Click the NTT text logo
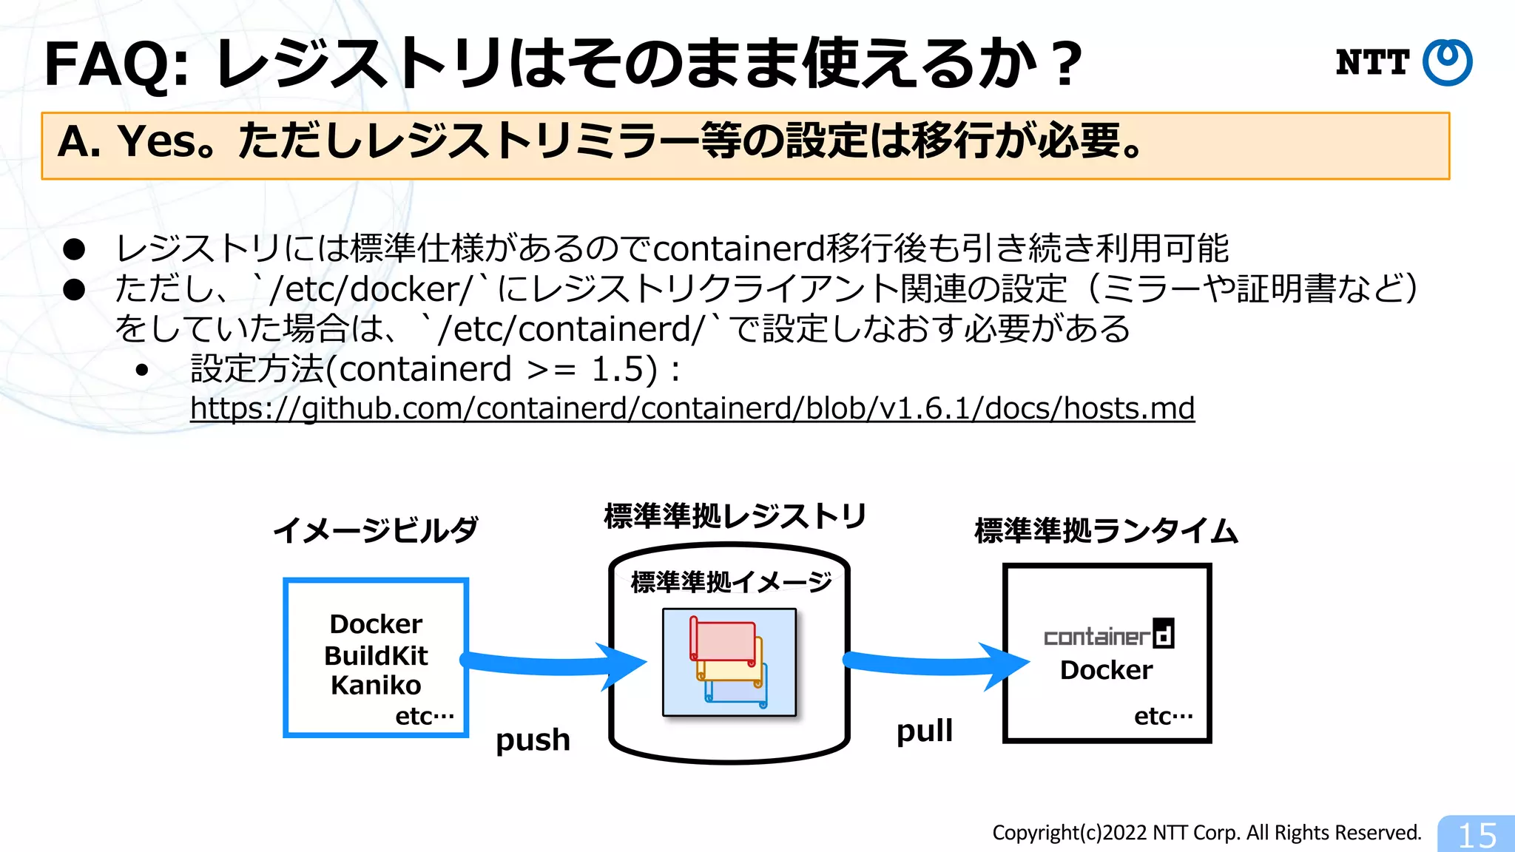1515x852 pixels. pyautogui.click(x=1372, y=62)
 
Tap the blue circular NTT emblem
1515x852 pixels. pyautogui.click(x=1448, y=62)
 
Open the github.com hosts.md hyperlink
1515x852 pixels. pyautogui.click(x=692, y=408)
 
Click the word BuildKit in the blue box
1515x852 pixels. pyautogui.click(x=376, y=655)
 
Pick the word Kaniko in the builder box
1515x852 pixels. pyautogui.click(x=376, y=686)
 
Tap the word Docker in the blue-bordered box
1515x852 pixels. pyautogui.click(x=376, y=624)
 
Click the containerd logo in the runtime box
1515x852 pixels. pyautogui.click(x=1108, y=635)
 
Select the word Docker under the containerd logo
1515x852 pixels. pyautogui.click(x=1106, y=670)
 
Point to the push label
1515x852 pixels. pyautogui.click(x=533, y=740)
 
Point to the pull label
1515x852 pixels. pyautogui.click(x=924, y=731)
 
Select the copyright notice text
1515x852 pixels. pyautogui.click(x=1207, y=833)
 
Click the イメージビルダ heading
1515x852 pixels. pyautogui.click(x=375, y=530)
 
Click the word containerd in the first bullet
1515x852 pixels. pyautogui.click(x=739, y=248)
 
